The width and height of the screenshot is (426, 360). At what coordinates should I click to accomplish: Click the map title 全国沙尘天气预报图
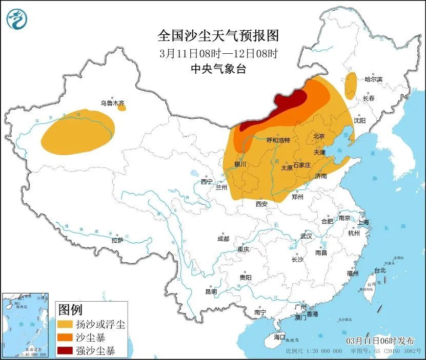[218, 35]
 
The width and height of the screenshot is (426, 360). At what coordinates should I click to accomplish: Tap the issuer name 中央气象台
[218, 69]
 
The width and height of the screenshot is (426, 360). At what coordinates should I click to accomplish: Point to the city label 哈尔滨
[374, 79]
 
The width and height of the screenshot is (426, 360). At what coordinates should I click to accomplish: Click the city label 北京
[319, 136]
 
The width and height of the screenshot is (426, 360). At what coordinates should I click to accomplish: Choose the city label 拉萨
[117, 240]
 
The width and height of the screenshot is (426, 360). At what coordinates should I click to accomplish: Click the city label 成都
[223, 239]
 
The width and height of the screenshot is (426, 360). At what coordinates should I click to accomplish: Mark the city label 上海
[363, 222]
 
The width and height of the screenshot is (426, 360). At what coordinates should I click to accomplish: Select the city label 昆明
[211, 291]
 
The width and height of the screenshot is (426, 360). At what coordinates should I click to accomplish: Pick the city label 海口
[279, 337]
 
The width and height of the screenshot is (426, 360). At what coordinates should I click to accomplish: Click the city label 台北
[380, 270]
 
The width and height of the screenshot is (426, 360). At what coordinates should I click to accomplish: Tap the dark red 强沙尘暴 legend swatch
[65, 351]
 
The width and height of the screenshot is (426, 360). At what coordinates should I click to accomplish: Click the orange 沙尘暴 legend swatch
[65, 338]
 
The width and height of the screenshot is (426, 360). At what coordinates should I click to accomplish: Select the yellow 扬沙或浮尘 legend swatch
[65, 325]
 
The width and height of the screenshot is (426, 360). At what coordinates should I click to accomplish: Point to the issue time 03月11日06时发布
[379, 341]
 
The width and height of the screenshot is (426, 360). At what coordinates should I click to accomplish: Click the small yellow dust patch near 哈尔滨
[351, 85]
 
